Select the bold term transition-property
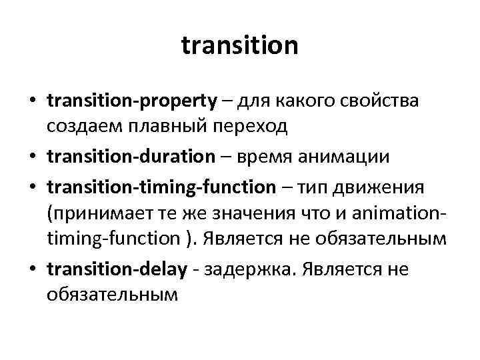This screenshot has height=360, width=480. point(132,101)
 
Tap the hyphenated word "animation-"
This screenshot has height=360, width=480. point(402,216)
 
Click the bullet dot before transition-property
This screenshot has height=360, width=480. point(32,102)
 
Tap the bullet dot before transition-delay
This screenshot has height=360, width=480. point(32,269)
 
